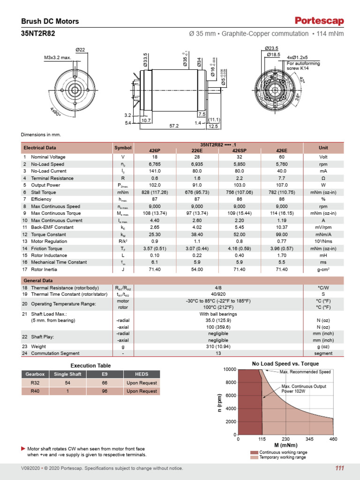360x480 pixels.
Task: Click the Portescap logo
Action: (319, 21)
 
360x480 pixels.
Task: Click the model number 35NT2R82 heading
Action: (38, 34)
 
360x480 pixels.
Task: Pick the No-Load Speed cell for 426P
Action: (154, 164)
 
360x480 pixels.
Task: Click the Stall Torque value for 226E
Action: (197, 192)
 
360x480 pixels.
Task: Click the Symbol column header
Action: (123, 148)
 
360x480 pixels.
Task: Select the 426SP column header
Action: (240, 150)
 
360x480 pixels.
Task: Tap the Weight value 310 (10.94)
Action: (218, 346)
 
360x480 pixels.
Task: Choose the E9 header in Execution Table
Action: (104, 374)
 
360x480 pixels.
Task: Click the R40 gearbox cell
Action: (35, 391)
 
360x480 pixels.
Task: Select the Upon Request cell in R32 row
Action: (142, 382)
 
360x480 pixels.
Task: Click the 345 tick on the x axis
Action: (310, 439)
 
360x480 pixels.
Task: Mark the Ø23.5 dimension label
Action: (271, 48)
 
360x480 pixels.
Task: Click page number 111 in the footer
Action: (339, 468)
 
